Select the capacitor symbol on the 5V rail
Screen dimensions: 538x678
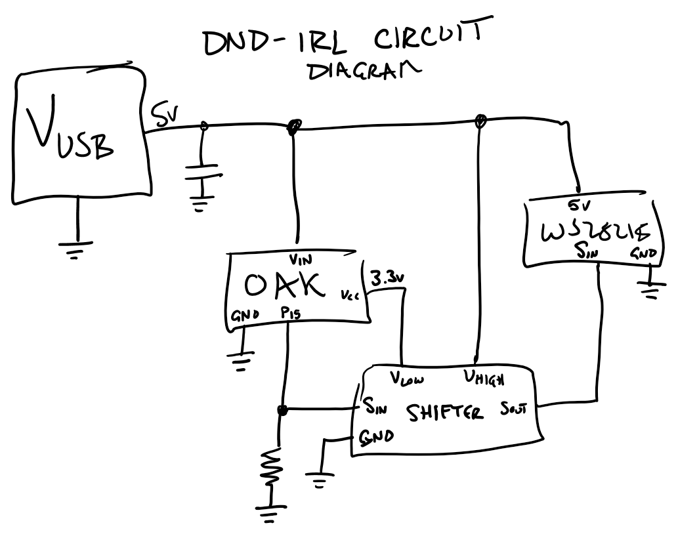coord(203,172)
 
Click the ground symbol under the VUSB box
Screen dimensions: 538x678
coord(77,249)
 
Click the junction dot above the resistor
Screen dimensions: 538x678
coord(283,411)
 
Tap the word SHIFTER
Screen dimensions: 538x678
coord(445,413)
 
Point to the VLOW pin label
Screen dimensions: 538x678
coord(407,379)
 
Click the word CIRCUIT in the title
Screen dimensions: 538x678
coord(432,39)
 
